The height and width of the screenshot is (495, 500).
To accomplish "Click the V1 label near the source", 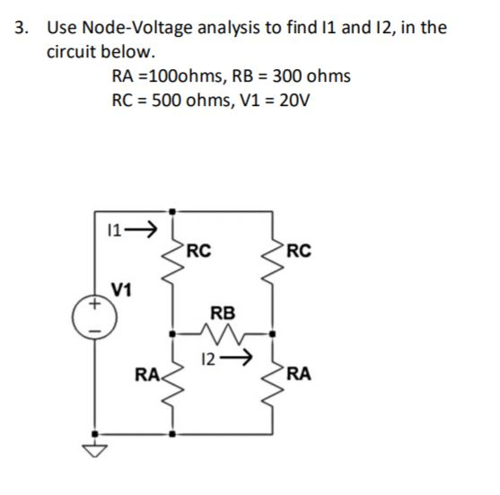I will click(x=122, y=289).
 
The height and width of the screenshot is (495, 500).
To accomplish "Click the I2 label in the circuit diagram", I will click(x=210, y=359).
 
